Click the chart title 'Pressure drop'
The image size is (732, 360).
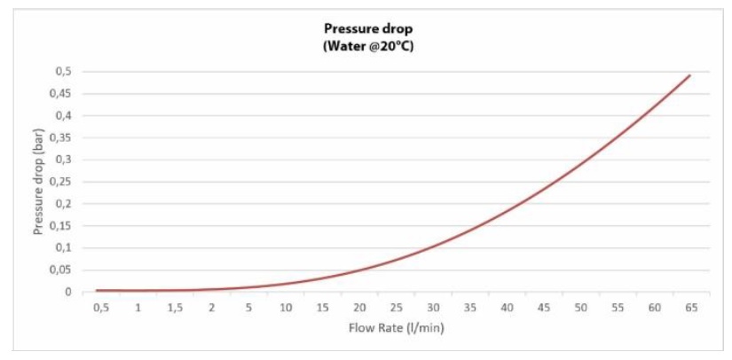pos(368,28)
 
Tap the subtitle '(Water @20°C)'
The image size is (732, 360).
pos(368,45)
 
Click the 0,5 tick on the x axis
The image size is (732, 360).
pos(101,308)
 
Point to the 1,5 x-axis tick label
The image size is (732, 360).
pos(175,308)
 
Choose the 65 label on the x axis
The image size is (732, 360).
pos(691,308)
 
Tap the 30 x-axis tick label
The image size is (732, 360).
pos(433,308)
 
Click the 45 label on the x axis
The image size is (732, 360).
pos(544,308)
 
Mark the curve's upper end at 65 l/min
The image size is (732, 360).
pos(690,75)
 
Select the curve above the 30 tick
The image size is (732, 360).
pos(433,246)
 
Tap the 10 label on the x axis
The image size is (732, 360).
pos(286,308)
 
